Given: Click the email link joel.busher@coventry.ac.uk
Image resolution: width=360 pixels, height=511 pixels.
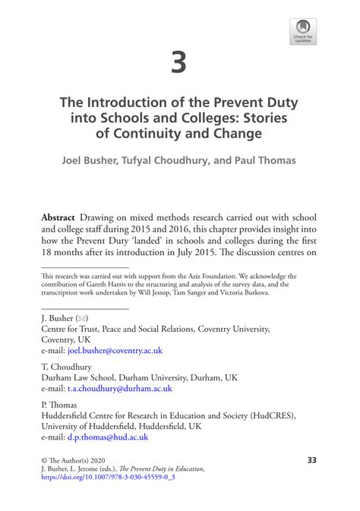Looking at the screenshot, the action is (x=115, y=352).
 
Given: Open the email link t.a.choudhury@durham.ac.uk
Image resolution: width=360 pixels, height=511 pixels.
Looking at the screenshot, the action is (x=120, y=389).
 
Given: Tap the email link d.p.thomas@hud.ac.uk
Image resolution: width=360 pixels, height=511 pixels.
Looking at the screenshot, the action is (x=109, y=437).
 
